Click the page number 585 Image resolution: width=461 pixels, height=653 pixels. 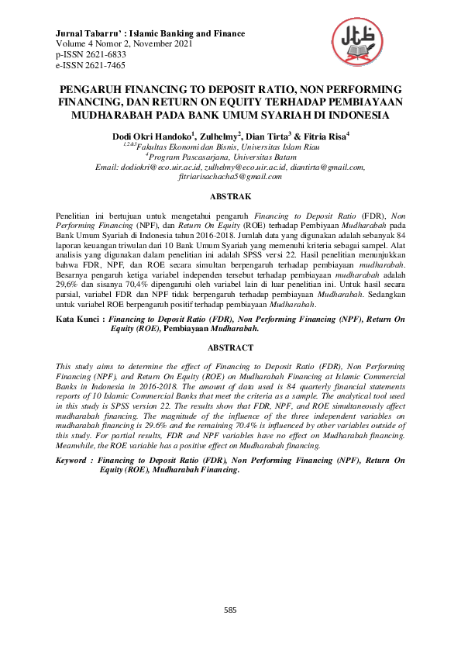click(230, 610)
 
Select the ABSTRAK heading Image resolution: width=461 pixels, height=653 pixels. click(230, 198)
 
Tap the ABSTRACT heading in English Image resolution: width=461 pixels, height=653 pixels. click(230, 348)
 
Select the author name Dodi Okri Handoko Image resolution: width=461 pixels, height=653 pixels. click(150, 136)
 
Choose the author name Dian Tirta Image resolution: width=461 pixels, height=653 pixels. click(267, 136)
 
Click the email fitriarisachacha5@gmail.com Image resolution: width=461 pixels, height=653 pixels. click(230, 176)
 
